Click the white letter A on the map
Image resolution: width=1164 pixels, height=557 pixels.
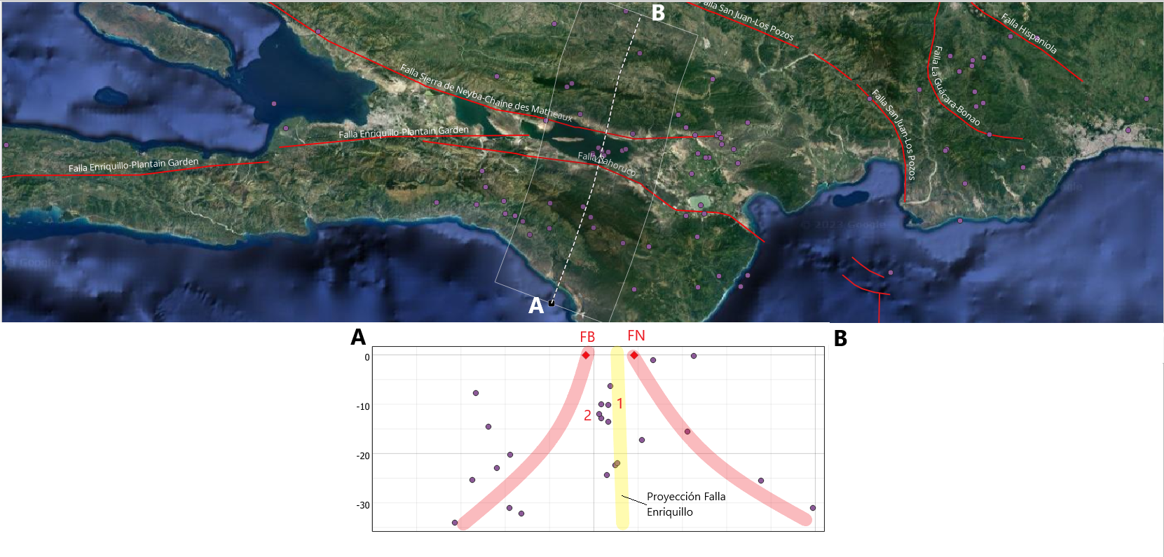coord(535,305)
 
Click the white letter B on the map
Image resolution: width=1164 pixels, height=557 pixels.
coord(658,13)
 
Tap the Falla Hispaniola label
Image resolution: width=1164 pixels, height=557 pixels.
coord(1029,34)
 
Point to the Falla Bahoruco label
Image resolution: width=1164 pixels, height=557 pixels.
coord(607,164)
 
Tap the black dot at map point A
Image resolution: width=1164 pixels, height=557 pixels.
coord(552,303)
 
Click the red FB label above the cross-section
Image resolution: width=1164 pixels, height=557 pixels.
coord(587,337)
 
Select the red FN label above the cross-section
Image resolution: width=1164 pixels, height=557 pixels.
coord(636,336)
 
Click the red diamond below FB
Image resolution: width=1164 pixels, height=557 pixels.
coord(586,355)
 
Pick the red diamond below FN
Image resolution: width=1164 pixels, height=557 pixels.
coord(634,355)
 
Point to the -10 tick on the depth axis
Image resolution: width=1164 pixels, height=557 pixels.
coord(362,406)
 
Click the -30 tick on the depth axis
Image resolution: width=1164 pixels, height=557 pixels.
coord(362,505)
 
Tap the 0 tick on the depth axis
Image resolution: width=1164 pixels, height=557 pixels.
coord(367,357)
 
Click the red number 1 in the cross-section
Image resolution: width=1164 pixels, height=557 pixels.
coord(619,404)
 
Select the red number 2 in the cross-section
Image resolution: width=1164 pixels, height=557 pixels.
coord(587,415)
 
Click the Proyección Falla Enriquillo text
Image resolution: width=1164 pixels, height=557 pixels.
coord(685,504)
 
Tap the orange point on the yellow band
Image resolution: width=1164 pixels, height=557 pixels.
coord(616,464)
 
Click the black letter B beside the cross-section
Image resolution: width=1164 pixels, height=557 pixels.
coord(840,338)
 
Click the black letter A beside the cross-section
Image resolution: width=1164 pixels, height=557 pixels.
coord(358,337)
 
